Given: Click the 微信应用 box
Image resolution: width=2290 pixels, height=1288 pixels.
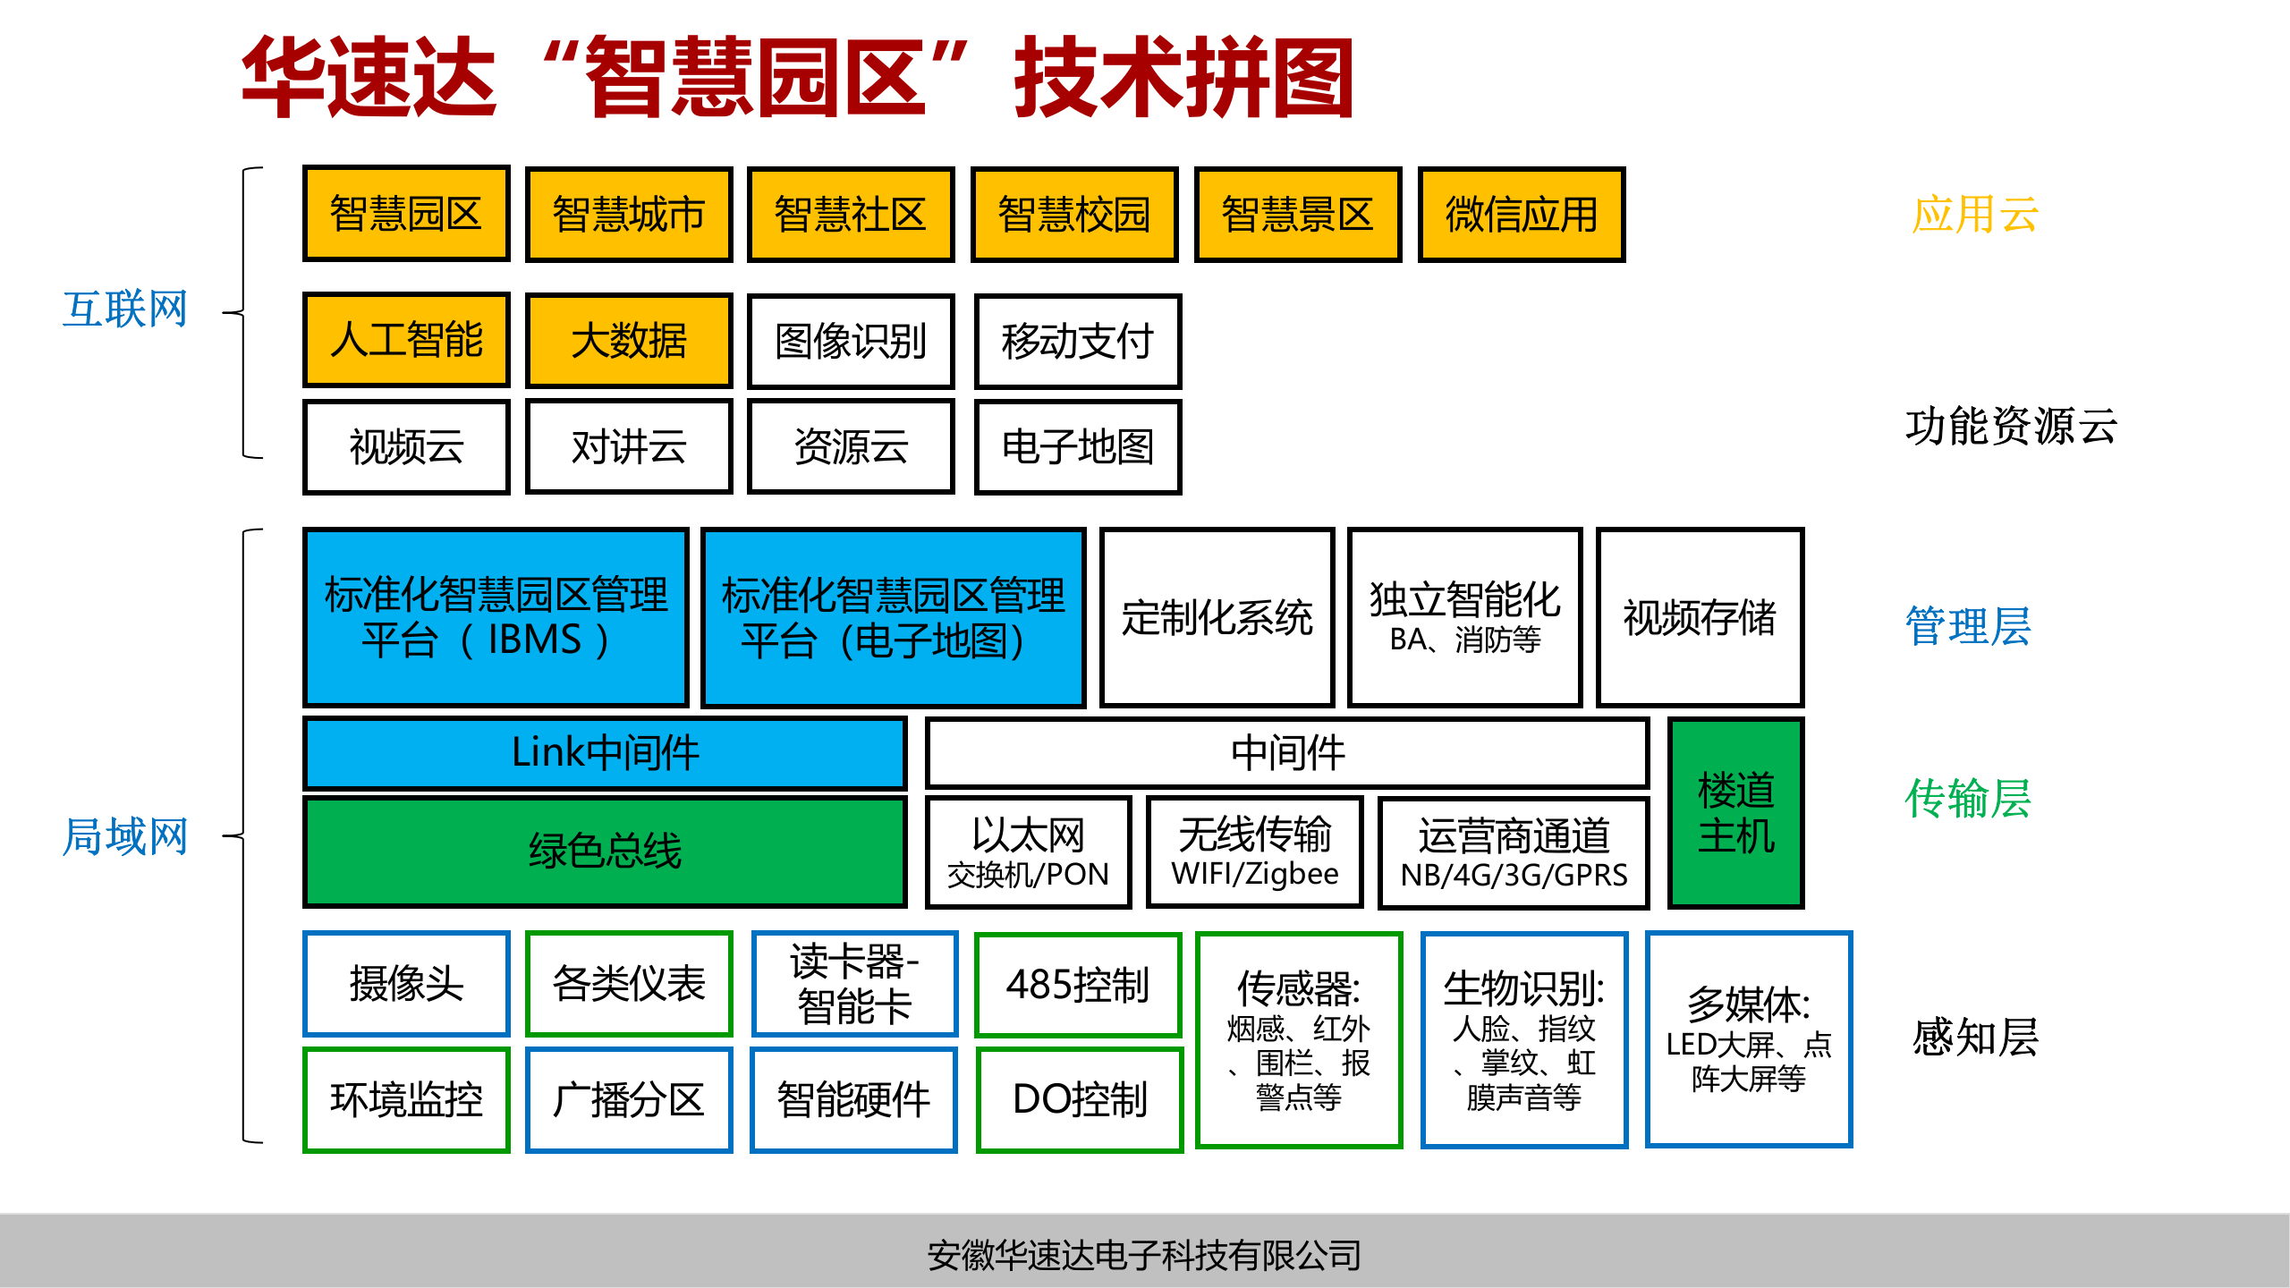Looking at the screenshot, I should coord(1521,215).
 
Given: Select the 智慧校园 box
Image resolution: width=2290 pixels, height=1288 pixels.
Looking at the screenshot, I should coord(1073,215).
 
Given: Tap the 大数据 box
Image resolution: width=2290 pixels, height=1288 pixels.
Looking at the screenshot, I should coord(629,341).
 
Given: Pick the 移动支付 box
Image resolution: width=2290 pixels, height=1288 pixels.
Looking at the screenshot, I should coord(1078,341).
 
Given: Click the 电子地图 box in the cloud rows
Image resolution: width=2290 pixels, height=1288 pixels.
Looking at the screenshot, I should coord(1078,446).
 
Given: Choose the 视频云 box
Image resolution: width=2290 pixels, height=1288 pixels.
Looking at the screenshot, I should coord(406,446).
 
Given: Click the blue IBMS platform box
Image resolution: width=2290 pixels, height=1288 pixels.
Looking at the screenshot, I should coord(496,617).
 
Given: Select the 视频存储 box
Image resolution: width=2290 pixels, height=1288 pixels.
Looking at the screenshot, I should coord(1700,617).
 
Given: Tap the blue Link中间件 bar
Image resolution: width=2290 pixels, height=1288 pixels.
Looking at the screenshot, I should coord(605,752).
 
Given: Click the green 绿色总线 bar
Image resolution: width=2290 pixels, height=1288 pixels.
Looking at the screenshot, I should coord(605,851).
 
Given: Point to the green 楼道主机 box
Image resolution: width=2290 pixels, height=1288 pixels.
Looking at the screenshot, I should coord(1735,812).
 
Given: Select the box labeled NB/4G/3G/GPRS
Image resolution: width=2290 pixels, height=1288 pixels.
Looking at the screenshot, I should coord(1514,852).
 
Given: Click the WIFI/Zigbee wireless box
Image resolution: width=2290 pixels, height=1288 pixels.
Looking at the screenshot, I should coord(1254,852).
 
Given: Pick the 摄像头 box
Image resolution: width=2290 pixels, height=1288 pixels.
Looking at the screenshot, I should coord(406,983).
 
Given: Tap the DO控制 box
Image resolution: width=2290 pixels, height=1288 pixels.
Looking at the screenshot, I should coord(1079,1099).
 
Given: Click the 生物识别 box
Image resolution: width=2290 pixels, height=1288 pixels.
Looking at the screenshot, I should coord(1523,1039).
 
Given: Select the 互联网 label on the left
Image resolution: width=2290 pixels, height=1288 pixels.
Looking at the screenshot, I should coord(125,309).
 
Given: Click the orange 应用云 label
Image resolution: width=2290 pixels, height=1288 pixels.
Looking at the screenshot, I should coord(1974,215).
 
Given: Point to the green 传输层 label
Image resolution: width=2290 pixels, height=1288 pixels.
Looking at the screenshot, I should coord(1967,798).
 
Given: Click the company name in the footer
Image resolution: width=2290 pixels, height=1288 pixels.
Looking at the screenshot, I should coord(1144,1255).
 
